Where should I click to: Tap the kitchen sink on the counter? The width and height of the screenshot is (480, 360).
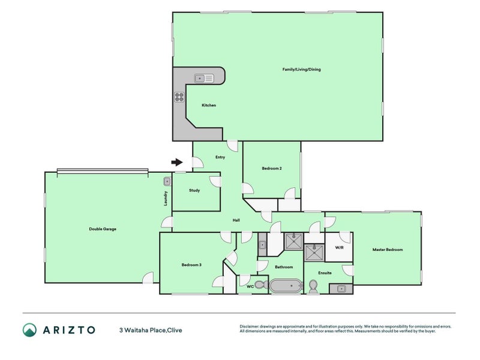(204, 78)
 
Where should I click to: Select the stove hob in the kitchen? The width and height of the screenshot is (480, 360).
(179, 97)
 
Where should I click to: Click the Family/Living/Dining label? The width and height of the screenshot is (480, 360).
(301, 70)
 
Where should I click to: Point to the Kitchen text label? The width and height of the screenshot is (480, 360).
(208, 106)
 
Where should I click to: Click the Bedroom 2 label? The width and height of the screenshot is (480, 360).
(272, 169)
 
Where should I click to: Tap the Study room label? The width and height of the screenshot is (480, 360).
(194, 191)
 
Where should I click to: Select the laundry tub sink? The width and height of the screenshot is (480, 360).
(167, 181)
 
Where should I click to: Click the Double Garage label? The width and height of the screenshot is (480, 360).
(103, 229)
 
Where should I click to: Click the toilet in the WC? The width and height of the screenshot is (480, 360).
(260, 284)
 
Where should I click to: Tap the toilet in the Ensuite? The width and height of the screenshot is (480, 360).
(313, 286)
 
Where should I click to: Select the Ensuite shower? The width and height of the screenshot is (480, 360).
(314, 253)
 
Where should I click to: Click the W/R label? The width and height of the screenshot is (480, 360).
(338, 247)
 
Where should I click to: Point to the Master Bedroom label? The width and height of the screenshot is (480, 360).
(387, 250)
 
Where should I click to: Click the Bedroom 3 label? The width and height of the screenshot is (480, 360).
(191, 265)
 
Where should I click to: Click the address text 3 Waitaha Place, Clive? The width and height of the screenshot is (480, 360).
(150, 330)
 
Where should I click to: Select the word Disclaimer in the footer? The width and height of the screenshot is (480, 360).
(250, 327)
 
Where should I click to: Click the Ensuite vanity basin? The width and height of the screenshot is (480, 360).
(341, 289)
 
